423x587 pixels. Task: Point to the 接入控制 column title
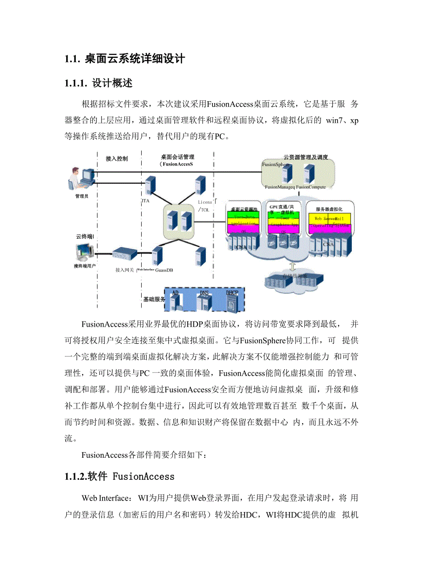click(x=117, y=159)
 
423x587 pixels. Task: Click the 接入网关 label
click(x=125, y=270)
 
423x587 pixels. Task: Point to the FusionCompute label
click(x=311, y=187)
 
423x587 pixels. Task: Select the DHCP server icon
click(x=232, y=300)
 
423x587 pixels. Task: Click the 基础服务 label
click(x=154, y=299)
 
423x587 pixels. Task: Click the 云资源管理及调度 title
click(x=306, y=157)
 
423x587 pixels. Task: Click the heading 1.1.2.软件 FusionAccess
click(x=120, y=476)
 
